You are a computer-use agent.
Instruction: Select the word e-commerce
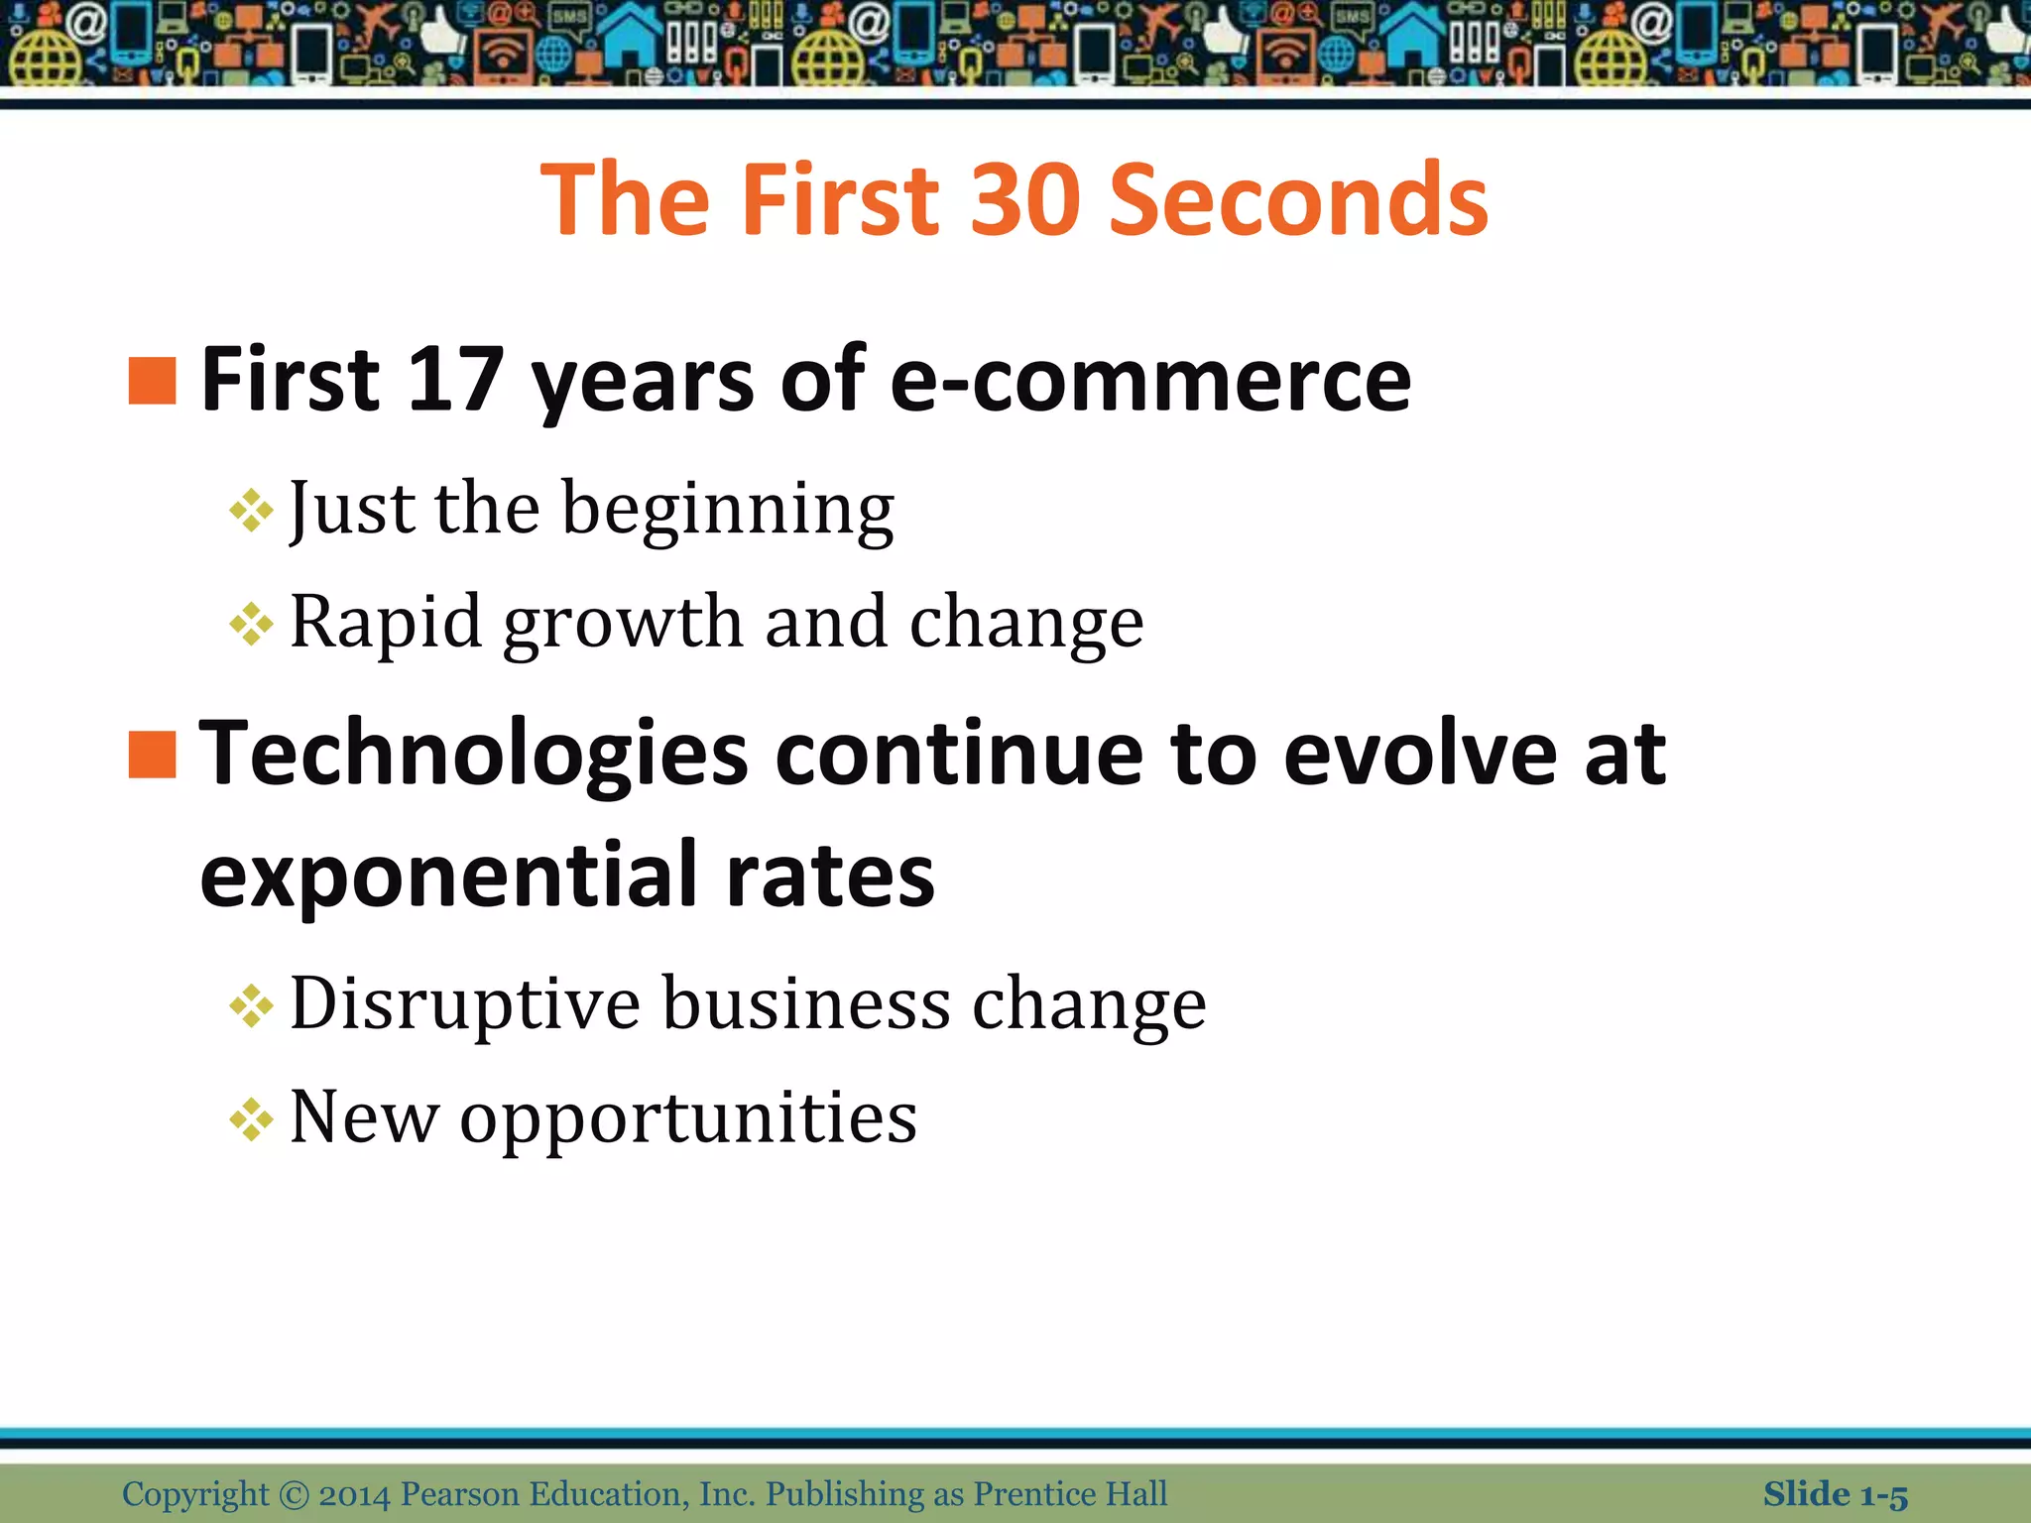pyautogui.click(x=1150, y=381)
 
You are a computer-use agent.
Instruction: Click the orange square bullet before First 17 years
pyautogui.click(x=153, y=381)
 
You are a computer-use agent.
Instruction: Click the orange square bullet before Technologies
pyautogui.click(x=153, y=755)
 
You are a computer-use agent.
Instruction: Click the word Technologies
pyautogui.click(x=473, y=756)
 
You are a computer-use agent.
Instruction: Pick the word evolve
pyautogui.click(x=1420, y=755)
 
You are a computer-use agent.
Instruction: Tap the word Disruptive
pyautogui.click(x=465, y=1004)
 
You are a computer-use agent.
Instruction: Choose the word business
pyautogui.click(x=806, y=1003)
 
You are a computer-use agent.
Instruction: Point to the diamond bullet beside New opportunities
pyautogui.click(x=251, y=1120)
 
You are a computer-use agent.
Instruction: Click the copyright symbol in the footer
pyautogui.click(x=294, y=1494)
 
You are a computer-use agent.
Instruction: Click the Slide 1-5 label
pyautogui.click(x=1835, y=1494)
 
